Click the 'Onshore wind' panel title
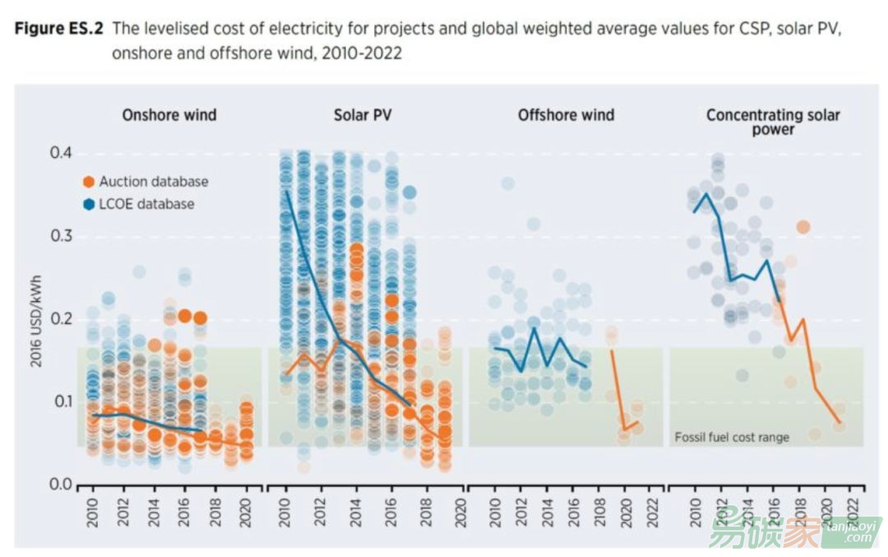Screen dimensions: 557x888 [169, 115]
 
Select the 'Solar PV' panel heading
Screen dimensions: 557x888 [363, 115]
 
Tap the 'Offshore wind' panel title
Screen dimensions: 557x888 [566, 115]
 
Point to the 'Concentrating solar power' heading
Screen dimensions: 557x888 [773, 122]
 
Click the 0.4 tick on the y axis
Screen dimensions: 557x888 [59, 154]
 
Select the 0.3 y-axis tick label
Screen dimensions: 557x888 [59, 237]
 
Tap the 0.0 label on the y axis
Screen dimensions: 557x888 [59, 485]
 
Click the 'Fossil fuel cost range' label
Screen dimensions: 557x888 [731, 437]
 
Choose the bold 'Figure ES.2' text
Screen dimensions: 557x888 [59, 29]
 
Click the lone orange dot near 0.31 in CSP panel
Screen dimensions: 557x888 [803, 227]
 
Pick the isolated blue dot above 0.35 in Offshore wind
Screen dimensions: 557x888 [508, 183]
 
